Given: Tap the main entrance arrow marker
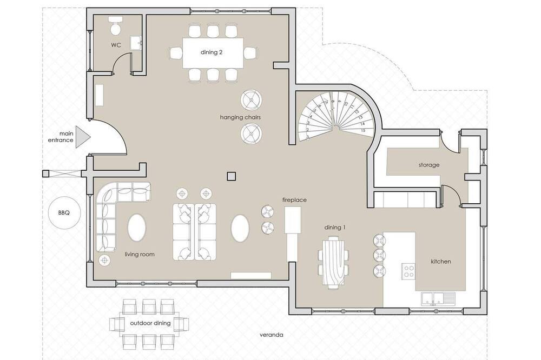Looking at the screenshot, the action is tap(82, 137).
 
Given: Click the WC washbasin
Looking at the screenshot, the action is tap(136, 43).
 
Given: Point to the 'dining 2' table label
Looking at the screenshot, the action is tap(211, 52).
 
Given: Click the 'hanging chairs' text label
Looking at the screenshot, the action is tap(240, 117).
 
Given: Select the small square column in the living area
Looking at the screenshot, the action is tap(231, 176).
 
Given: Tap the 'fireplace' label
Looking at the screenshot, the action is tap(294, 200).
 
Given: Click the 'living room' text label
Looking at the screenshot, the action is tap(140, 255).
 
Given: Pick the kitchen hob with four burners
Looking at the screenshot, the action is tap(409, 271).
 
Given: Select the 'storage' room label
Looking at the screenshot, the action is tap(429, 165).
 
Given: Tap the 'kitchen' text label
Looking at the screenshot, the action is tap(441, 262).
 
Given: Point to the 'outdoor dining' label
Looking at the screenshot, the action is tap(150, 323).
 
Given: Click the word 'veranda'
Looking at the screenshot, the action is tap(272, 335).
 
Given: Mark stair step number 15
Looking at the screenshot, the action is tap(362, 131).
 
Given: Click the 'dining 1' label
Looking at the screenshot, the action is tap(335, 228).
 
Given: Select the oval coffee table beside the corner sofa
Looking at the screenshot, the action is tap(137, 228).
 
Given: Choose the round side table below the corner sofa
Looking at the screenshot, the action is tap(104, 260).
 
